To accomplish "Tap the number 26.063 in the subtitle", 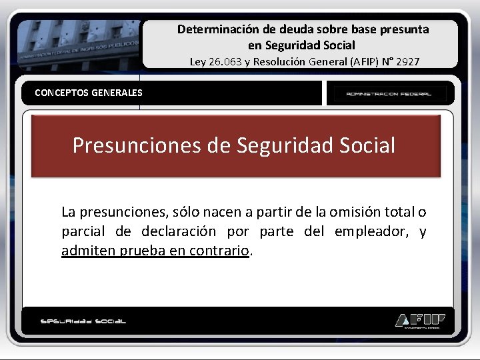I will tap(229, 61).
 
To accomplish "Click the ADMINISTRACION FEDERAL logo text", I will tap(388, 94).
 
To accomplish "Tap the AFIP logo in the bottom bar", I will tap(419, 320).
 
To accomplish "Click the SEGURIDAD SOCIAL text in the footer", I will tap(83, 321).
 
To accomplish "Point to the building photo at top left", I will tap(79, 43).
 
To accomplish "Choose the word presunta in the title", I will tap(404, 29).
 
